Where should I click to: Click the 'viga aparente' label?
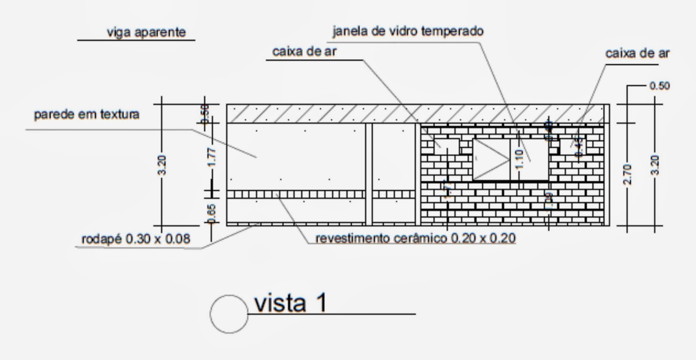[146, 32]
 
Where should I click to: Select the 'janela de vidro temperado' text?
[408, 31]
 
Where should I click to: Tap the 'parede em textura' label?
[87, 114]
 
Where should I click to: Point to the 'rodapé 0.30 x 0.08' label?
[136, 239]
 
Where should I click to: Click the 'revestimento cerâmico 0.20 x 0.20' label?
[415, 238]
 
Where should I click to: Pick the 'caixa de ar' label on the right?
[637, 54]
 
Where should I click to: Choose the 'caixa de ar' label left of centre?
[304, 51]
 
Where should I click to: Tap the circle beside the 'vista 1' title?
[229, 314]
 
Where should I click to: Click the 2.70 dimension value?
[627, 174]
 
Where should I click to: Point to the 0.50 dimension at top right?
[659, 86]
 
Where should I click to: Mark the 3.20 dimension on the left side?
[161, 165]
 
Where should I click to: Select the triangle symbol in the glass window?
[491, 159]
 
